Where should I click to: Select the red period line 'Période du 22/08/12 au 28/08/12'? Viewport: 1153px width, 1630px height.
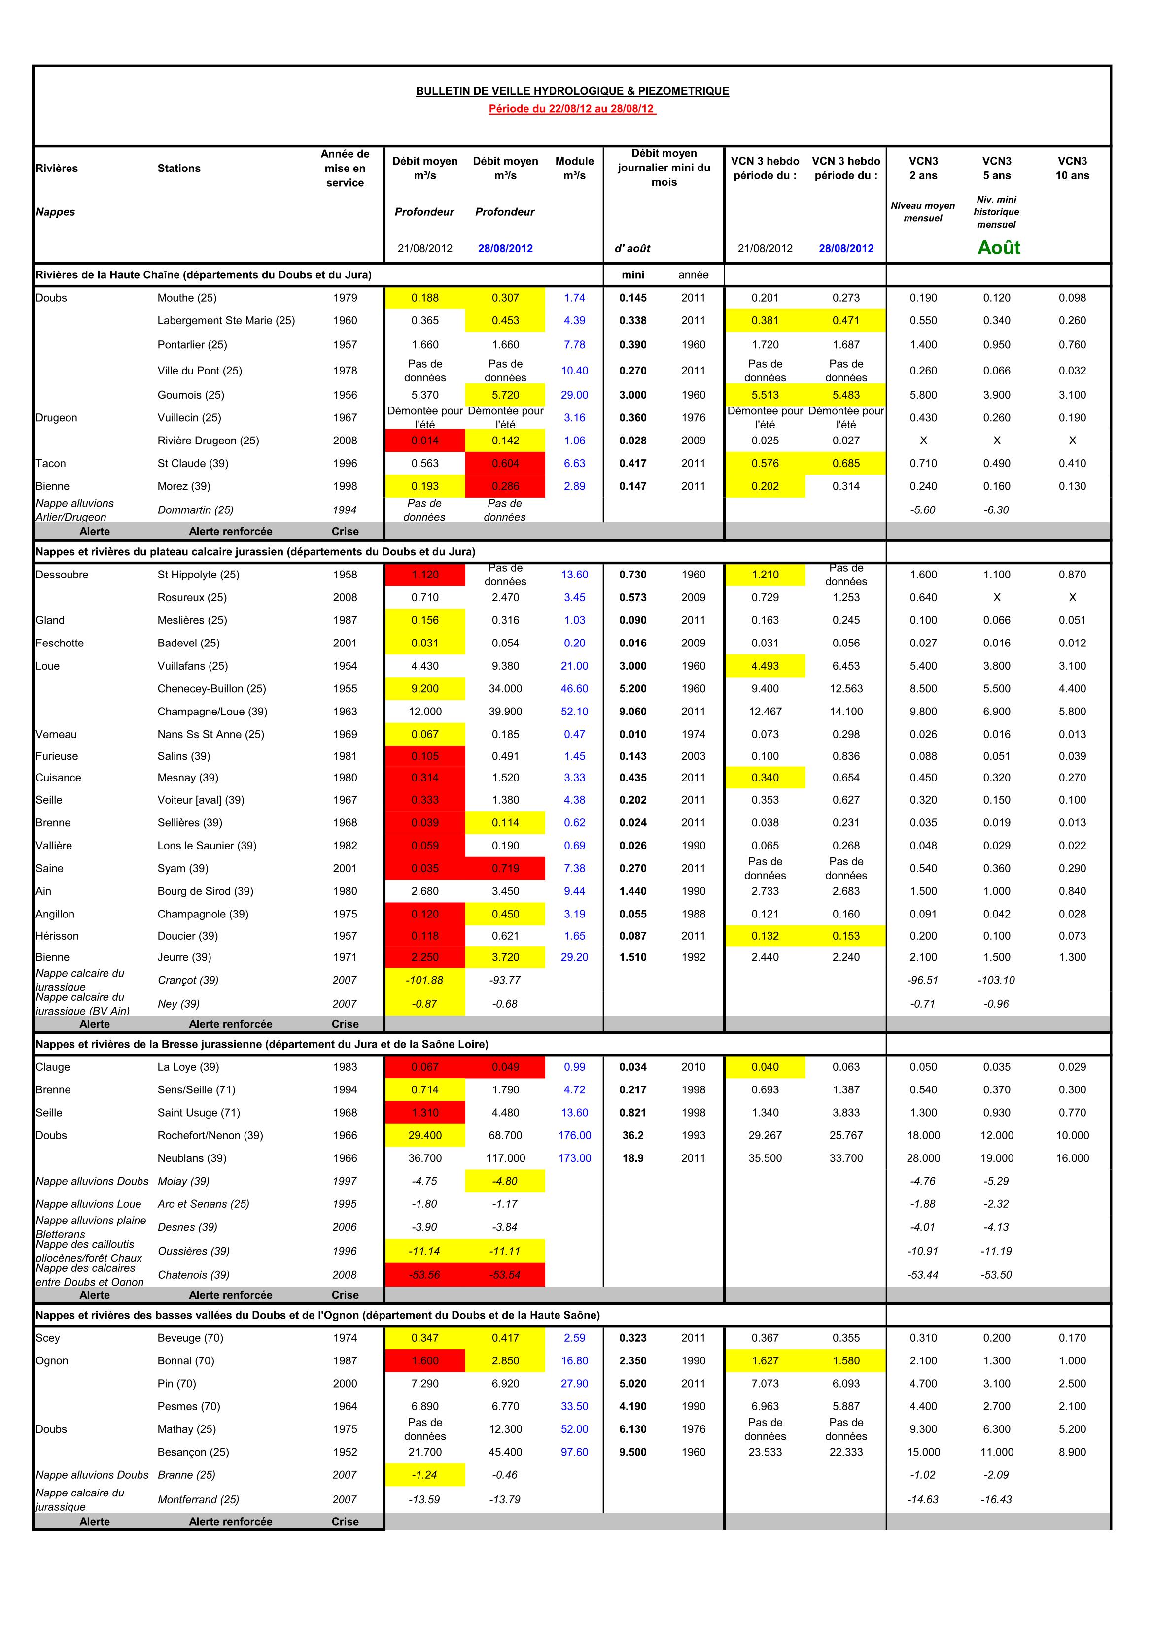point(571,109)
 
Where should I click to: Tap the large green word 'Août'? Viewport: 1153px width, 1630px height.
point(998,248)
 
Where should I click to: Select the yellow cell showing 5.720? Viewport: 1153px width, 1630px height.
point(505,395)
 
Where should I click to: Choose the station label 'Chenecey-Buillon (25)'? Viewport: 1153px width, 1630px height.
point(211,689)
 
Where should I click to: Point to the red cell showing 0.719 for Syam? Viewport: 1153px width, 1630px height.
point(505,868)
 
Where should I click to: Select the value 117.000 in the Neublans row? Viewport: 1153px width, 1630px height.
point(505,1158)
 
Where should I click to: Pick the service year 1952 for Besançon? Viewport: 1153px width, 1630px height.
point(345,1452)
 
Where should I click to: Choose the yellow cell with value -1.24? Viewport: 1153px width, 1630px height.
point(425,1474)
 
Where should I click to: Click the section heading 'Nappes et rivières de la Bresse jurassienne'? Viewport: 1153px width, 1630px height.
point(261,1044)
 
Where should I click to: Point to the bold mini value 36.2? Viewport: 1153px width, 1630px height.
point(632,1135)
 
